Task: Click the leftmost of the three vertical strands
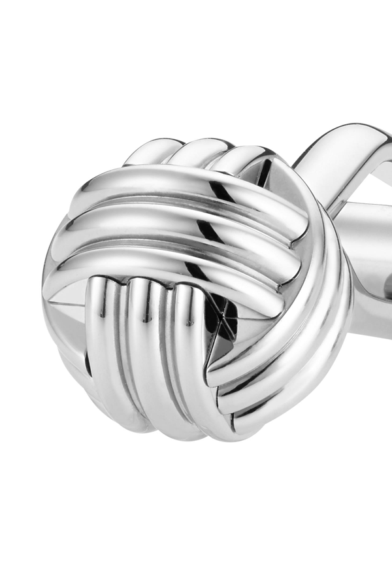click(108, 347)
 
